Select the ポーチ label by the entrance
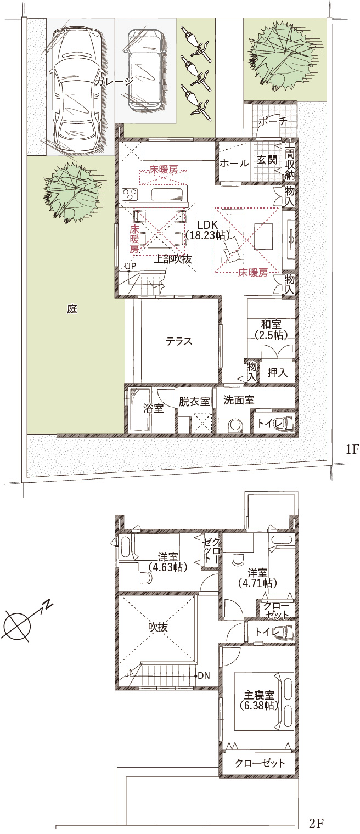273,121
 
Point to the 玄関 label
267,160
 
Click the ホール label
234,163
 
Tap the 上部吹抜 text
173,259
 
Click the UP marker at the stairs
130,266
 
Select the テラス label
179,341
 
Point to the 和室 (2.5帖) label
272,330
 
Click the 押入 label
277,373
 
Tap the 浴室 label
153,408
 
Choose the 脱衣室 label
194,402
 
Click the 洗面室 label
239,400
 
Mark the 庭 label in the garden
72,309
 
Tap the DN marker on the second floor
204,675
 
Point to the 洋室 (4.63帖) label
168,562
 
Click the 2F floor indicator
317,822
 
